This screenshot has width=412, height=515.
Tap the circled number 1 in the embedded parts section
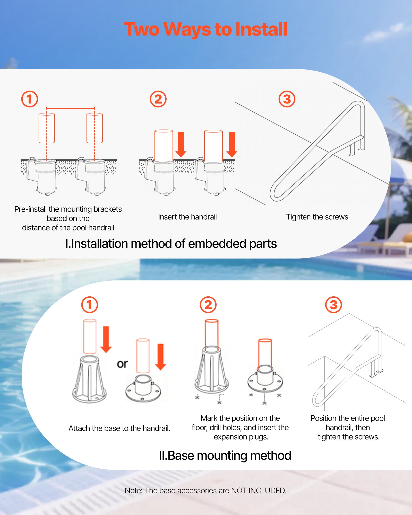coord(30,99)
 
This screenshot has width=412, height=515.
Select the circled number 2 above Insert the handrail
coord(158,99)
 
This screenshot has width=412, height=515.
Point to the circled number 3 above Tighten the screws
coord(287,99)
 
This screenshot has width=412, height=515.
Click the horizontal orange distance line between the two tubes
coord(70,108)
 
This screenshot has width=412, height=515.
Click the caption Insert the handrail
coord(187,217)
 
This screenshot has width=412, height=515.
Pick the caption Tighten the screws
coord(317,217)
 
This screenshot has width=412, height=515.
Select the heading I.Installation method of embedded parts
coord(171,244)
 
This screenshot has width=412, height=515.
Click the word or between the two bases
coord(122,364)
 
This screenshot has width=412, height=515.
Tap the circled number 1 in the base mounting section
coord(90,305)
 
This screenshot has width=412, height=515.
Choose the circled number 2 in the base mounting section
coord(208,305)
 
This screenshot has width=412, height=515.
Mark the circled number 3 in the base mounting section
coord(333,305)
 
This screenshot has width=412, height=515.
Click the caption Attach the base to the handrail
coord(119,428)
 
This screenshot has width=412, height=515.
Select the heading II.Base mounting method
coord(225,456)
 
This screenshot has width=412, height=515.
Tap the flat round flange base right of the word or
coord(143,389)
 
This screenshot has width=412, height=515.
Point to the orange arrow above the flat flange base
coord(160,357)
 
